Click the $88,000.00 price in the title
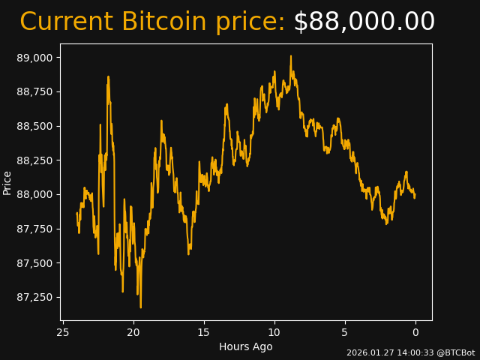364,22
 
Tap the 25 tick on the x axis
63,332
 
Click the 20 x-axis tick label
133,332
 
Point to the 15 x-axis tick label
204,332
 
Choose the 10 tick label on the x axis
274,332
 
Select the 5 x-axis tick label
345,332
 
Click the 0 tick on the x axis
415,332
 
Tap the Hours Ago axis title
246,346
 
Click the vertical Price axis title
7,182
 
